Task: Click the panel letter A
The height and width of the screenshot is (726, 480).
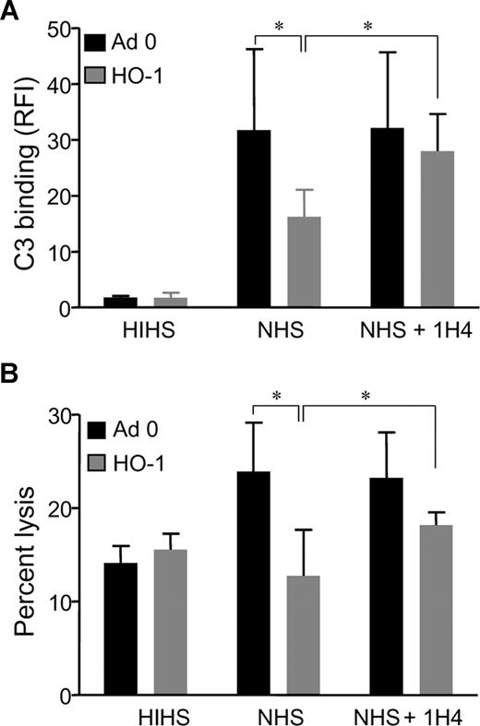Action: click(x=10, y=10)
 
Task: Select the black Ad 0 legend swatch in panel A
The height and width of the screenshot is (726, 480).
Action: click(x=96, y=43)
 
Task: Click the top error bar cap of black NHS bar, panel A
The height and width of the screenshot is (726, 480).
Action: click(x=254, y=49)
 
